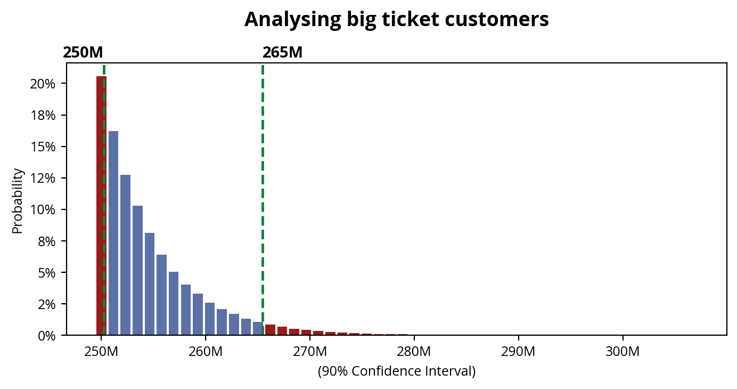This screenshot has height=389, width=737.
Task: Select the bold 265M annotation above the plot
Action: click(282, 53)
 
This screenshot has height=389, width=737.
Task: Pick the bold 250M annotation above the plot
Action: click(83, 53)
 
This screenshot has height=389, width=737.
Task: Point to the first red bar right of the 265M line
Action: click(270, 330)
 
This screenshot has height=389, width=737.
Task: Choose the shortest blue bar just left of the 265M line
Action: click(258, 329)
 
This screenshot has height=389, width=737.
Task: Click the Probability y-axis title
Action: click(18, 201)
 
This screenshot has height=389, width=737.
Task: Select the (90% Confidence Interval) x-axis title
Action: click(396, 371)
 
